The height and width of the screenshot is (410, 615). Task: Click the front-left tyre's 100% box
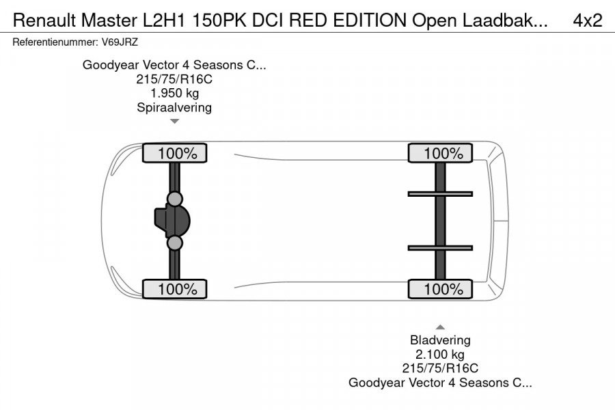click(174, 154)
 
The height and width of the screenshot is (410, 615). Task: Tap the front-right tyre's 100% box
click(174, 289)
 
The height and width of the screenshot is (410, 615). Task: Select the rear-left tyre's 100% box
click(440, 154)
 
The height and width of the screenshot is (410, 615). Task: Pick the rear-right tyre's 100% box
click(440, 289)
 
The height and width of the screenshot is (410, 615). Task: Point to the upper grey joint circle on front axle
click(175, 199)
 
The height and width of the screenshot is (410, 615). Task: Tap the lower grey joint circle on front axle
click(175, 243)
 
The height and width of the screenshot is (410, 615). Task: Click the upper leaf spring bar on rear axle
click(440, 194)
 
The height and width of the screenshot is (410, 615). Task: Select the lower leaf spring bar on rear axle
click(440, 247)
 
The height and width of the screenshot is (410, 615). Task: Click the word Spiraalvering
click(174, 107)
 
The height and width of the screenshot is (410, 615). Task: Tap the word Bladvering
click(440, 340)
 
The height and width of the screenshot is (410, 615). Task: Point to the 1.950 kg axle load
click(174, 93)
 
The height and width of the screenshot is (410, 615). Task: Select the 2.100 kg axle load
click(440, 355)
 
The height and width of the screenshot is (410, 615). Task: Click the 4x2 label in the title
click(587, 20)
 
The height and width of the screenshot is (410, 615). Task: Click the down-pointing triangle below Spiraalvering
click(174, 121)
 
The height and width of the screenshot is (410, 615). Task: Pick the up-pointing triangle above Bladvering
click(440, 327)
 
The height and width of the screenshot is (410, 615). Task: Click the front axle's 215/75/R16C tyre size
click(174, 79)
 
